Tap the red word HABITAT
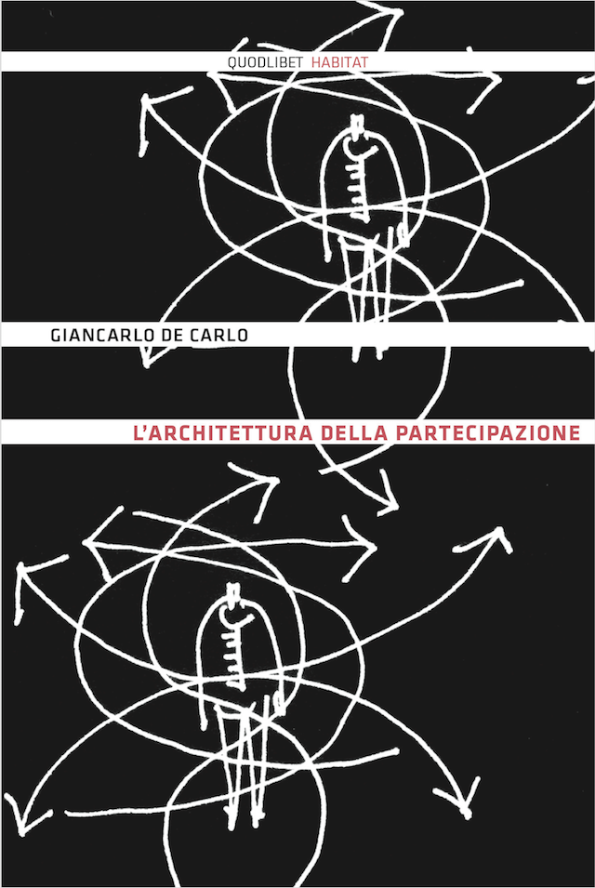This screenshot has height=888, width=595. click(339, 62)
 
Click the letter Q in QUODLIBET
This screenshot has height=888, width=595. click(232, 63)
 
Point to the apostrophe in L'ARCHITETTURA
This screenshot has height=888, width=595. click(145, 428)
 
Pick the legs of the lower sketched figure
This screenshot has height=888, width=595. click(243, 759)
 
